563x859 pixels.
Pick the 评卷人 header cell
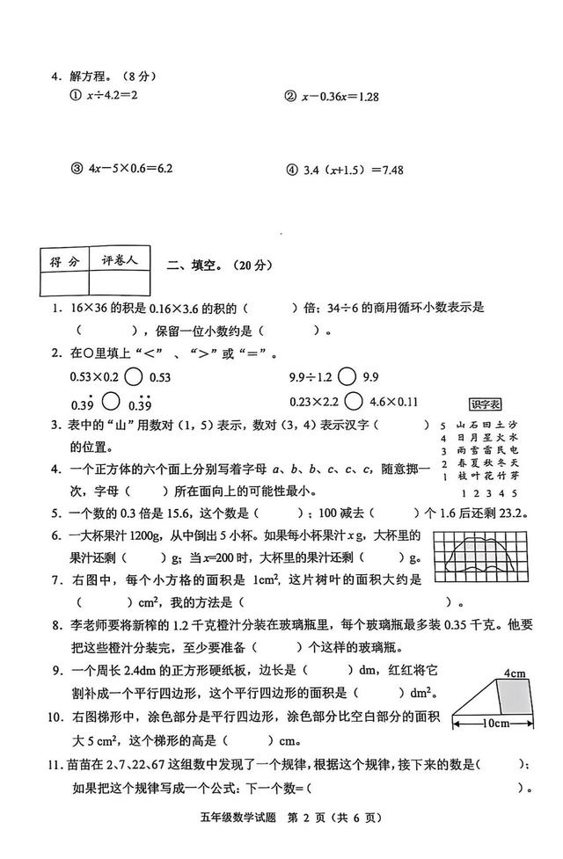point(120,260)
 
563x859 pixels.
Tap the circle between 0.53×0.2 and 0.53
point(135,376)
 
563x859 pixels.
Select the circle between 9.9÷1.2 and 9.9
point(347,376)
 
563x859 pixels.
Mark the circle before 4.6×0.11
point(355,402)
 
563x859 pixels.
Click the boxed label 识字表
point(484,404)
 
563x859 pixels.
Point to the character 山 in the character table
point(460,424)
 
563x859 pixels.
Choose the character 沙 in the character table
point(514,424)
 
